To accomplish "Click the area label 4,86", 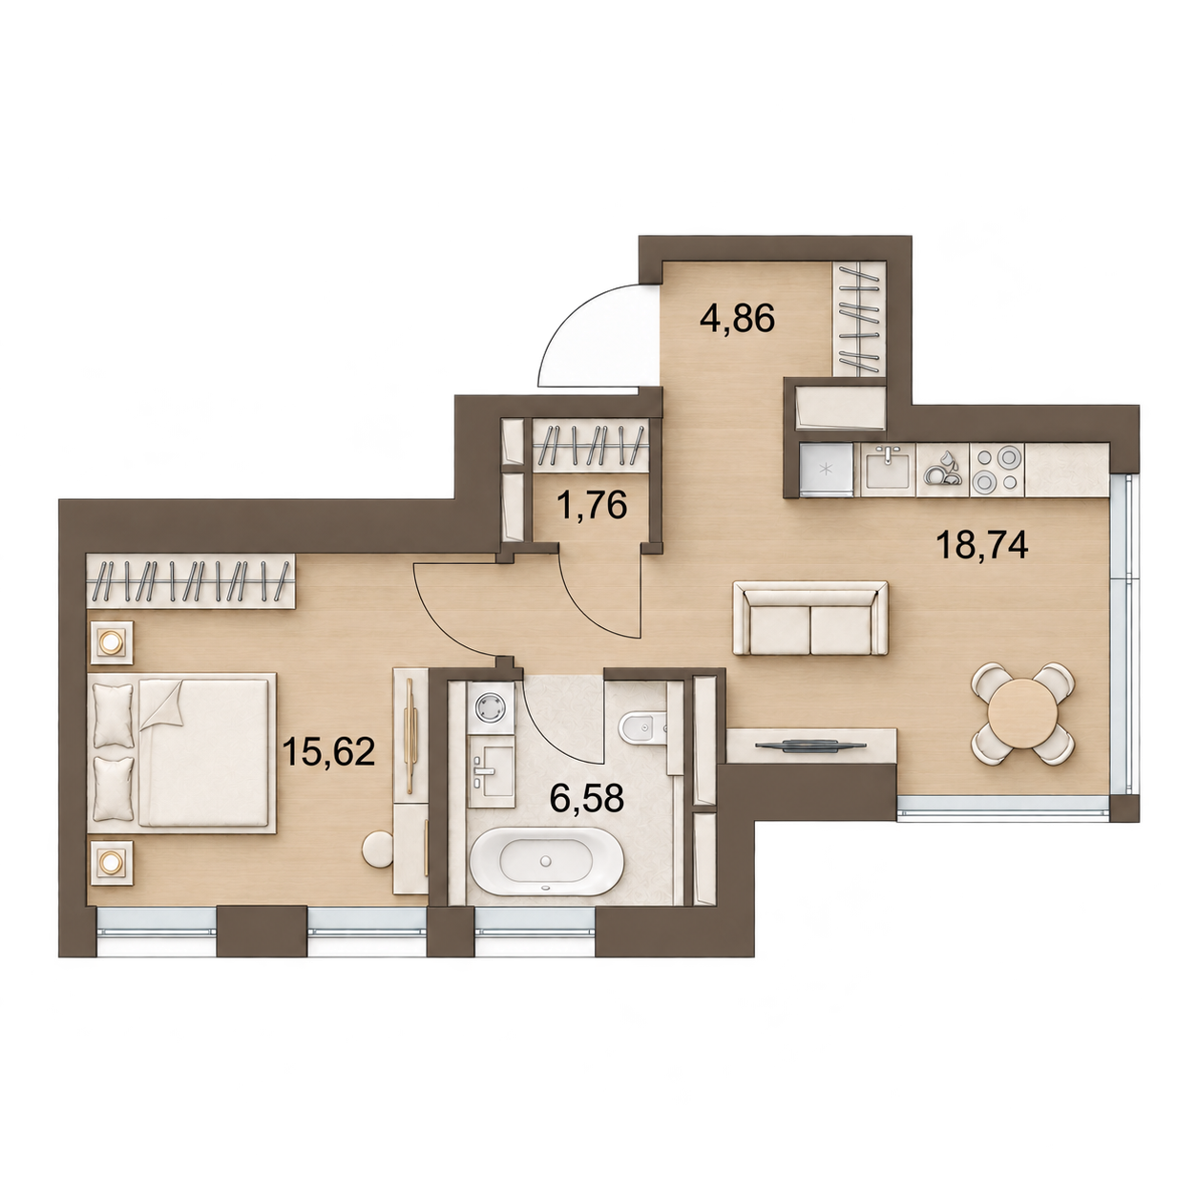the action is [x=737, y=320].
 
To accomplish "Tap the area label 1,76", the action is [x=592, y=505].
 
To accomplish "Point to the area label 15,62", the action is [x=328, y=751].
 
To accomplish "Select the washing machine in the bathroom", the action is [x=492, y=707].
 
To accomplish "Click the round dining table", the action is [x=1022, y=714].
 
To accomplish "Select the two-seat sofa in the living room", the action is [x=810, y=618].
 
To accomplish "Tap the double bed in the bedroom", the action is [x=182, y=752].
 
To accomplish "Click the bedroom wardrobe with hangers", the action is [x=192, y=581].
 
